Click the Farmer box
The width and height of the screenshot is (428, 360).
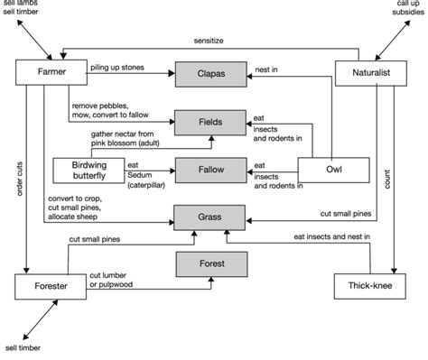50,74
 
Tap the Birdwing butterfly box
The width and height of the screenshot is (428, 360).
86,170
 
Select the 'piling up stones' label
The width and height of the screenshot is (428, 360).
119,68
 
